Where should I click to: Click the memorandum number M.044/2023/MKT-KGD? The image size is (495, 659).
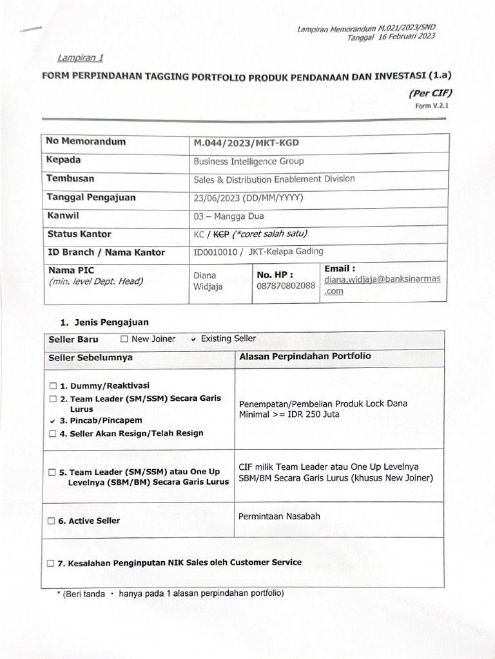[246, 142]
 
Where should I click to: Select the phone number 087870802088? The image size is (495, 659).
[286, 286]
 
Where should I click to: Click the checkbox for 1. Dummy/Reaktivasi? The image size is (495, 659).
[53, 386]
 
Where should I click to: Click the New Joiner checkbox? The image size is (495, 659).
[124, 339]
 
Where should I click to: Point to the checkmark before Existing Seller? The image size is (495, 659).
[193, 339]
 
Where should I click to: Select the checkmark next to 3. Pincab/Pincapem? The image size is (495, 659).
[53, 421]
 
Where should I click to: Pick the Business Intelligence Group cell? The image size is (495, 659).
[248, 161]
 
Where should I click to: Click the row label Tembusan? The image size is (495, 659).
[70, 178]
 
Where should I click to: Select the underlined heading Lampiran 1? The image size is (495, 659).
[81, 57]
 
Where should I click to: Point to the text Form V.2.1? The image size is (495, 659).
[431, 106]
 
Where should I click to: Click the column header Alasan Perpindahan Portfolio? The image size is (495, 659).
[305, 356]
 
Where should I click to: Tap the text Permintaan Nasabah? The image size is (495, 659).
[279, 516]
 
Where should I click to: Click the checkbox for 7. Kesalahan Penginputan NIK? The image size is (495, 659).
[52, 563]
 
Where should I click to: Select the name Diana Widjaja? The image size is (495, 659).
[208, 281]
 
